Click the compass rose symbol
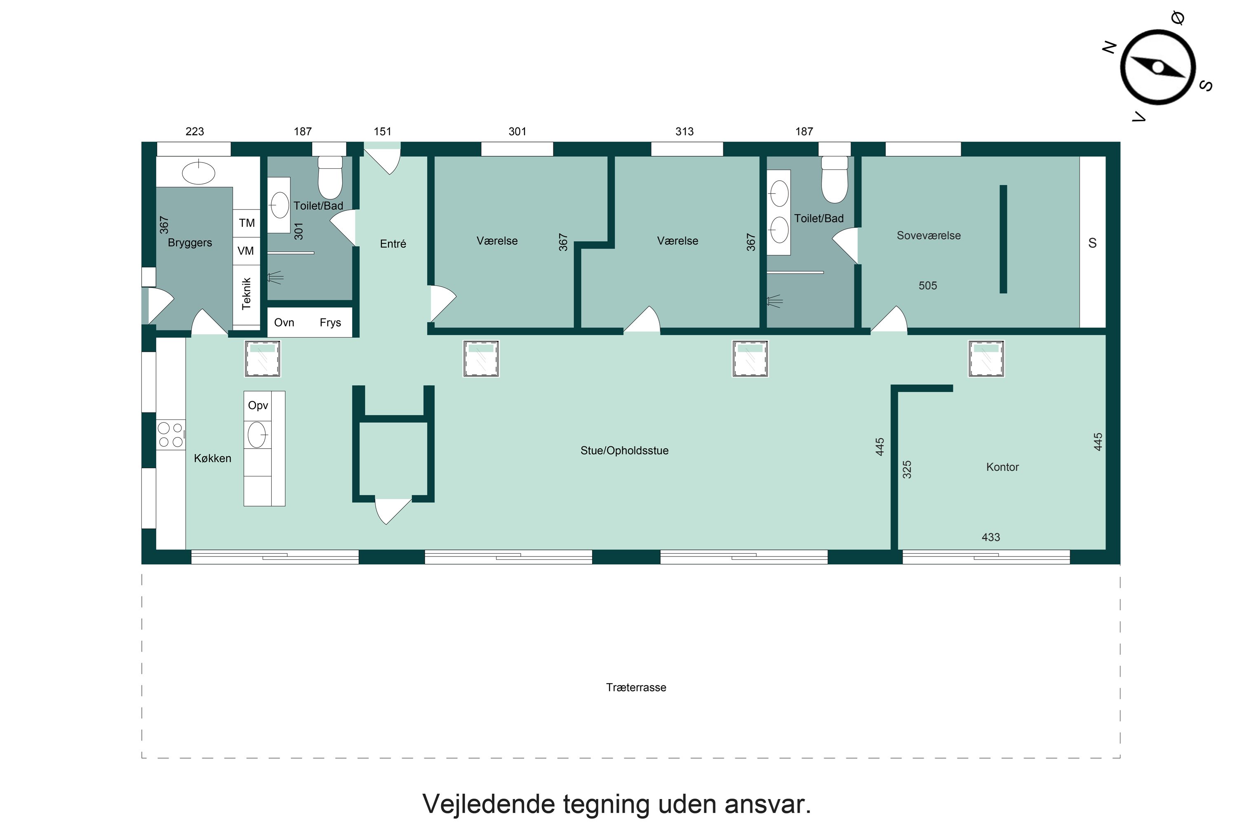pyautogui.click(x=1157, y=67)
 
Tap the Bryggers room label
pyautogui.click(x=190, y=243)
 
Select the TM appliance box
pyautogui.click(x=247, y=223)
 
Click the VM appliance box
pyautogui.click(x=246, y=251)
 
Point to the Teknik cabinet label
pyautogui.click(x=246, y=294)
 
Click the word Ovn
pyautogui.click(x=284, y=323)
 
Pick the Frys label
pyautogui.click(x=330, y=323)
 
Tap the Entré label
pyautogui.click(x=393, y=244)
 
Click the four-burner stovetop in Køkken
pyautogui.click(x=170, y=435)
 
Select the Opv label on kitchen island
pyautogui.click(x=258, y=405)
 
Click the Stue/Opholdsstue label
pyautogui.click(x=624, y=450)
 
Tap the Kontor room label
pyautogui.click(x=1002, y=467)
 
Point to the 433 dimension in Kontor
pyautogui.click(x=990, y=537)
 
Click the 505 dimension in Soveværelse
pyautogui.click(x=927, y=286)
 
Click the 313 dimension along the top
pyautogui.click(x=684, y=132)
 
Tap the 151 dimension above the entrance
pyautogui.click(x=382, y=132)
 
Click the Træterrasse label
pyautogui.click(x=636, y=687)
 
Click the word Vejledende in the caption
pyautogui.click(x=489, y=804)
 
